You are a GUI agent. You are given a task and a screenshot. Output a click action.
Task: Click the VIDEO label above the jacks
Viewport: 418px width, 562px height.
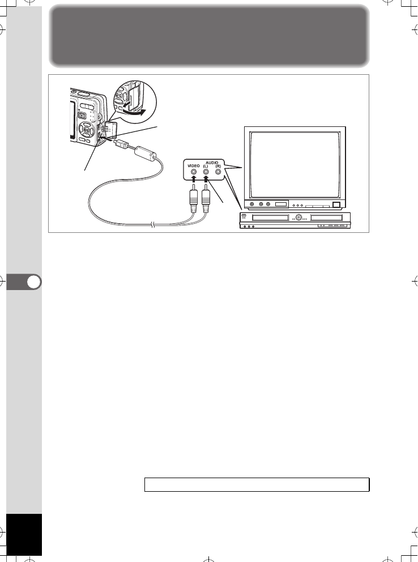(194, 165)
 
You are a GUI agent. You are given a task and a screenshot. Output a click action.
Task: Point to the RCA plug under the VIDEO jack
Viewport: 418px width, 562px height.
(194, 199)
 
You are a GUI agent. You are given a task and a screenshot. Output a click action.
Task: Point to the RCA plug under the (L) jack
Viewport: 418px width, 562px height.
(207, 199)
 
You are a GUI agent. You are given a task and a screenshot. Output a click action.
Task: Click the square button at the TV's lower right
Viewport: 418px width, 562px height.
(336, 205)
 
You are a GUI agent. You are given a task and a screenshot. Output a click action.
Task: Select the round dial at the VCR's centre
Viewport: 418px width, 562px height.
(298, 218)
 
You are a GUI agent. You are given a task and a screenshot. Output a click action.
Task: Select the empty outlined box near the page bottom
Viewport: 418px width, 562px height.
(257, 484)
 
